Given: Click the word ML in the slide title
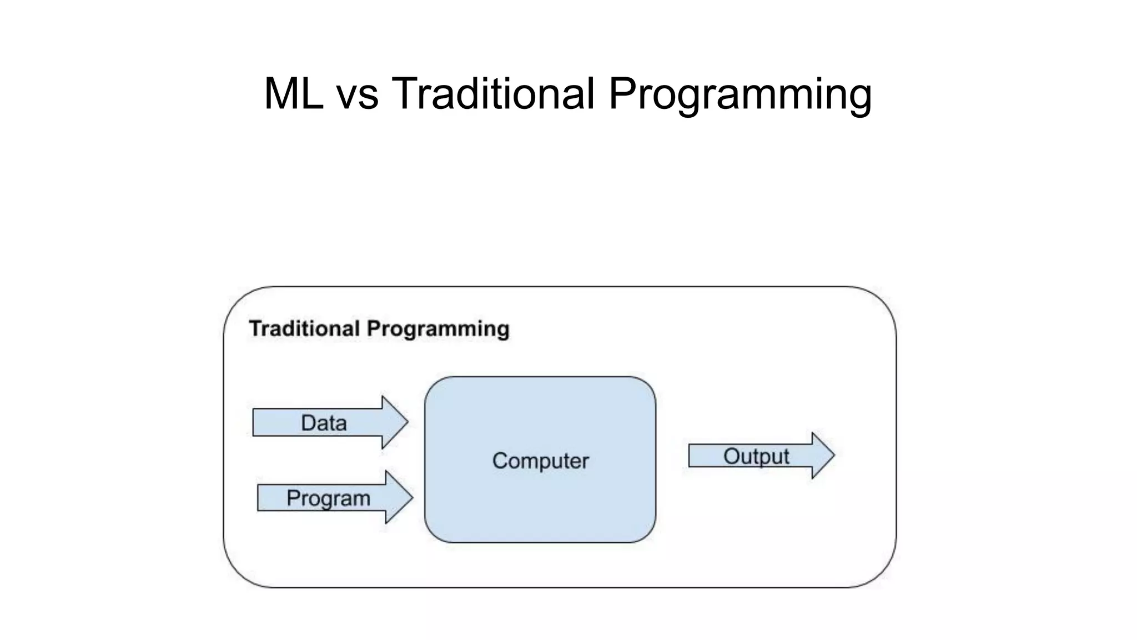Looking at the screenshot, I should [293, 93].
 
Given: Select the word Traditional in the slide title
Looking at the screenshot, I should [493, 93].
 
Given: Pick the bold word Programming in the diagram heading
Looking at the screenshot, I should [438, 329].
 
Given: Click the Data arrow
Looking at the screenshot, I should [330, 423].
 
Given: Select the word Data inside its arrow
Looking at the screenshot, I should [324, 423].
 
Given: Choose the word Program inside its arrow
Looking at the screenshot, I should [328, 498].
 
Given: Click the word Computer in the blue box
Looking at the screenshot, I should [540, 461].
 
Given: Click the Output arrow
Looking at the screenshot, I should [761, 456].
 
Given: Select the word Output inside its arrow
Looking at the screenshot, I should [756, 457].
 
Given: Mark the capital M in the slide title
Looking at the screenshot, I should [281, 93].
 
